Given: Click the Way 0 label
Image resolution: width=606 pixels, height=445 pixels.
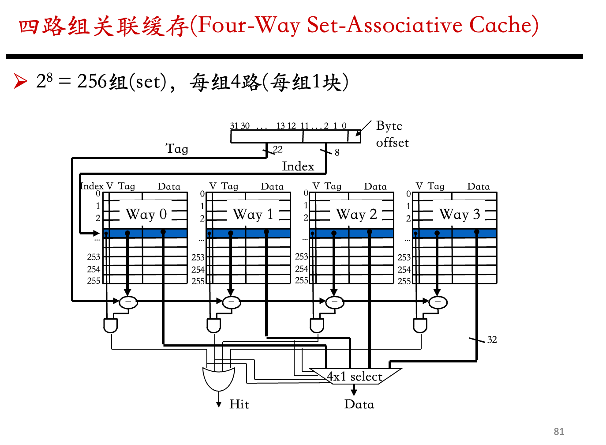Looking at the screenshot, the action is pos(146,215).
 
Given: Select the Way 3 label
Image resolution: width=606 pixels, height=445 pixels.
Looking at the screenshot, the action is pos(460,215).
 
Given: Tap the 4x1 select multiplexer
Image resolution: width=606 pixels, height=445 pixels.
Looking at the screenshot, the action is pos(355,377).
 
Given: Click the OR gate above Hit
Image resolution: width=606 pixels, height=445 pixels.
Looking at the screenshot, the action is pos(219,379).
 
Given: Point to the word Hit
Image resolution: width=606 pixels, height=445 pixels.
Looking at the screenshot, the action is pos(239,404).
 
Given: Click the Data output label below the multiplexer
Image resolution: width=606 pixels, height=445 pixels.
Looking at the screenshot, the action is pos(359,404).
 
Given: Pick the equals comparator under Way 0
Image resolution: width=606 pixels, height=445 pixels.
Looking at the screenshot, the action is pos(128,302).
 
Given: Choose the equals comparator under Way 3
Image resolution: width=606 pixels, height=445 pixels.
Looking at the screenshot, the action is pos(438,302).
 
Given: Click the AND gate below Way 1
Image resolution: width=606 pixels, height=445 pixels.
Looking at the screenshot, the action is pos(214,325).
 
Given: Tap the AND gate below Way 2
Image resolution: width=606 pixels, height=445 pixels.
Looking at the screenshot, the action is pos(317,325).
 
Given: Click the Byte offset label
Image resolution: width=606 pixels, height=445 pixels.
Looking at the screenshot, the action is pos(392,134).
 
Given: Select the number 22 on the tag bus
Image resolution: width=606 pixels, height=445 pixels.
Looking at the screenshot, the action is pos(278,150).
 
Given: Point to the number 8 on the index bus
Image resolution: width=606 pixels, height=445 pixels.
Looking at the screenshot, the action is pos(337,153).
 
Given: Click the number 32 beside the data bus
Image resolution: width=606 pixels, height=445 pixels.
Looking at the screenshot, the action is pos(492,340).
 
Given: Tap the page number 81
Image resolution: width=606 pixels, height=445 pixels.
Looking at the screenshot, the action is pos(559,432).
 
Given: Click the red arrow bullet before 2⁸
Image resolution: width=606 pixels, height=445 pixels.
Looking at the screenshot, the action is pos(21,81).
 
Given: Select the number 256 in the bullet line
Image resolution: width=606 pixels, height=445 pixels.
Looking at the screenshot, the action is pos(92,81).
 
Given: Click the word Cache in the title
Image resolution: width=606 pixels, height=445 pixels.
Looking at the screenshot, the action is pos(501,25).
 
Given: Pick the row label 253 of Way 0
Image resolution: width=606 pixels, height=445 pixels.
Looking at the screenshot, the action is pos(94,257).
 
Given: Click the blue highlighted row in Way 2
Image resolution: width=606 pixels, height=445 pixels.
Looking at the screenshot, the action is pos(352,234).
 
